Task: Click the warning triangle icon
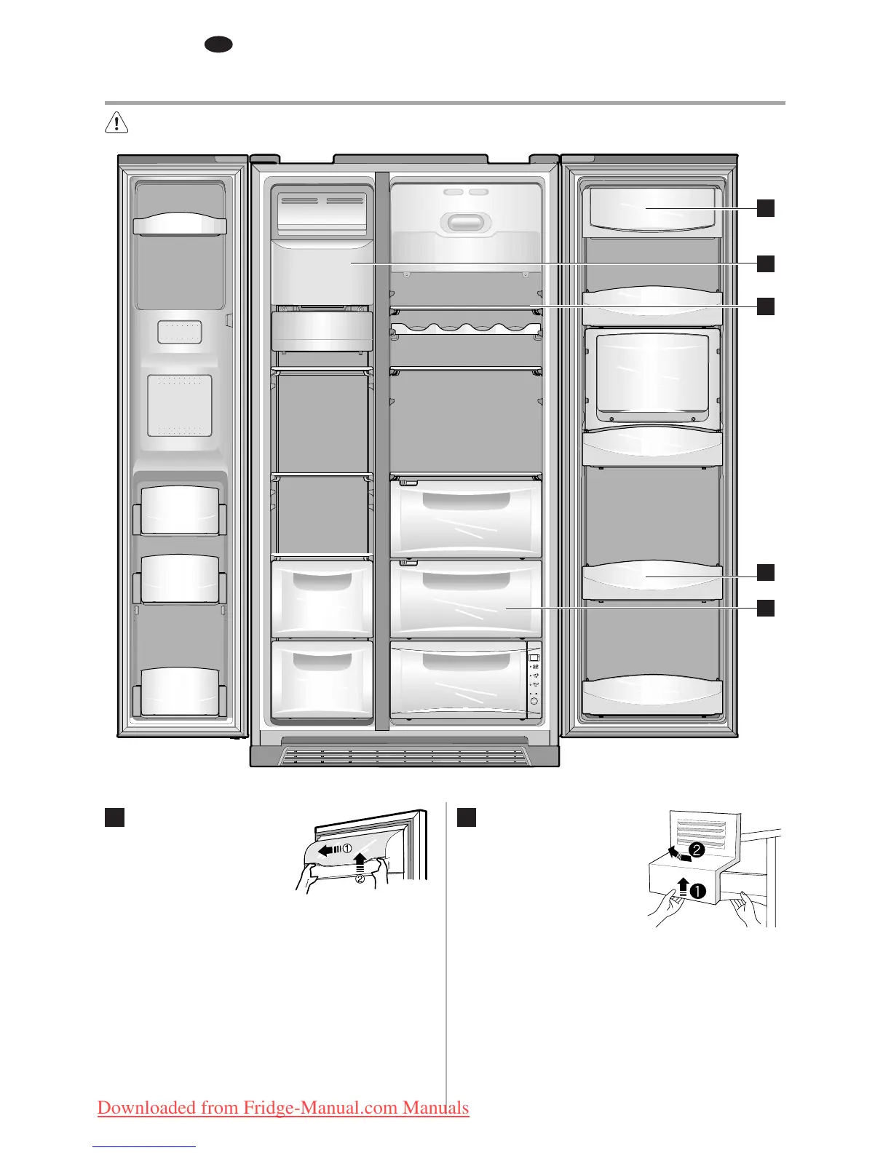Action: pyautogui.click(x=116, y=123)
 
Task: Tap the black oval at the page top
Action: pyautogui.click(x=218, y=44)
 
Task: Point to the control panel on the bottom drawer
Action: pyautogui.click(x=534, y=679)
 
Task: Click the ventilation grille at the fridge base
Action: pyautogui.click(x=405, y=756)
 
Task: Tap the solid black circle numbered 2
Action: pyautogui.click(x=697, y=849)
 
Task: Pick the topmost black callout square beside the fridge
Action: pyautogui.click(x=765, y=208)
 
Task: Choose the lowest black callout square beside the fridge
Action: pyautogui.click(x=765, y=608)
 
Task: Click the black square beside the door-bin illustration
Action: pyautogui.click(x=115, y=817)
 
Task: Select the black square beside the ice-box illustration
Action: pyautogui.click(x=467, y=817)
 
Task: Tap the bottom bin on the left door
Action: pyautogui.click(x=180, y=691)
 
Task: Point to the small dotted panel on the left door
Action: pyautogui.click(x=180, y=332)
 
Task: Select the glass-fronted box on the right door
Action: pyautogui.click(x=652, y=375)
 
